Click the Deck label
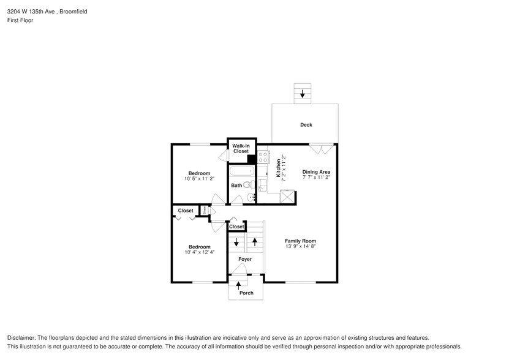pyautogui.click(x=306, y=125)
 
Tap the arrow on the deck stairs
pyautogui.click(x=302, y=94)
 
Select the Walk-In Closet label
pyautogui.click(x=241, y=148)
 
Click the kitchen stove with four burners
pyautogui.click(x=263, y=157)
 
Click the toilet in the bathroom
pyautogui.click(x=248, y=184)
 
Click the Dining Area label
pyautogui.click(x=316, y=172)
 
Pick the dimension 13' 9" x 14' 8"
pyautogui.click(x=300, y=247)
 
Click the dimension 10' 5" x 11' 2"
pyautogui.click(x=199, y=179)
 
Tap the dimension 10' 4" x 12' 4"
pyautogui.click(x=199, y=252)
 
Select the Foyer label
pyautogui.click(x=245, y=259)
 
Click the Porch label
pyautogui.click(x=246, y=293)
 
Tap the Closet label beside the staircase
pyautogui.click(x=236, y=227)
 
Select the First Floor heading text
pyautogui.click(x=20, y=20)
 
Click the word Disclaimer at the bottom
pyautogui.click(x=22, y=337)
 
